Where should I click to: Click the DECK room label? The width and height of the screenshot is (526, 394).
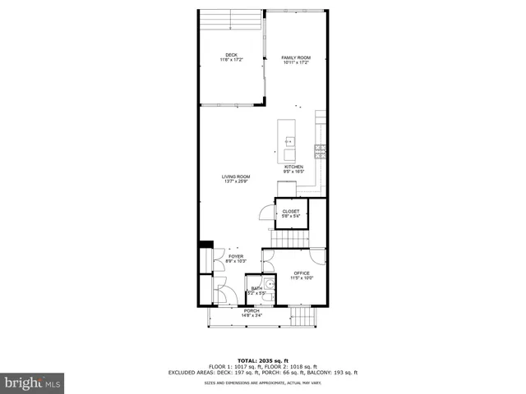pos(232,56)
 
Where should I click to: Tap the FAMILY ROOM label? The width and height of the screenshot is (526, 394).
pos(296,57)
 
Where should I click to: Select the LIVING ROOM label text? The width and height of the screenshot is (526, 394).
pos(236,176)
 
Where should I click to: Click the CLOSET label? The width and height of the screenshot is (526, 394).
pos(291,211)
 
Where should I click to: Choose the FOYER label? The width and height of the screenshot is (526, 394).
pos(236,256)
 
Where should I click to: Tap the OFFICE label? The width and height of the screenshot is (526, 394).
pos(302,273)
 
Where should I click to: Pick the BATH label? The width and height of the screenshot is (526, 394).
pos(256,288)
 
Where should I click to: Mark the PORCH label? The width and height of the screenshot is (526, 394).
pos(251,311)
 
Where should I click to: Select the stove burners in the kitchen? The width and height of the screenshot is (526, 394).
pos(321,149)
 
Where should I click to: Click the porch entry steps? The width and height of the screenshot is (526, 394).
pos(305,316)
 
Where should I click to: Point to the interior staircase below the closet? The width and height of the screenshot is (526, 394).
pos(289,237)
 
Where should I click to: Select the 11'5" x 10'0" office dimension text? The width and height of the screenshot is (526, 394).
pos(302,278)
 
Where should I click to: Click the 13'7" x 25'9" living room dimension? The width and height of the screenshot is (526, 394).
pos(236,181)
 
